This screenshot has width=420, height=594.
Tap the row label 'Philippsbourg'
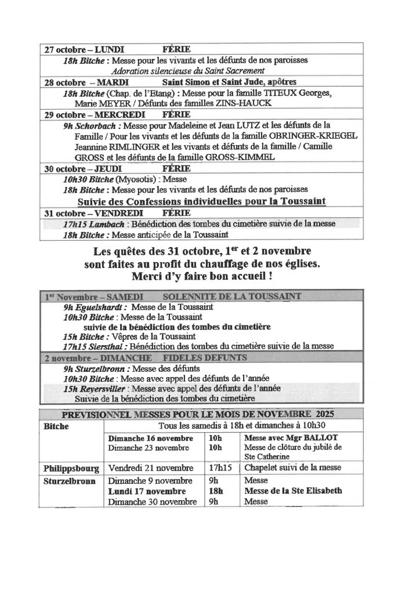pos(71,468)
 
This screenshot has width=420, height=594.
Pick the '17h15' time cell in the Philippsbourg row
pos(219,468)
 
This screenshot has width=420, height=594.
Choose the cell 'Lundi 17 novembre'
pos(142,491)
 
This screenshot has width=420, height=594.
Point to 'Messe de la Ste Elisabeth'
pos(294,491)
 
